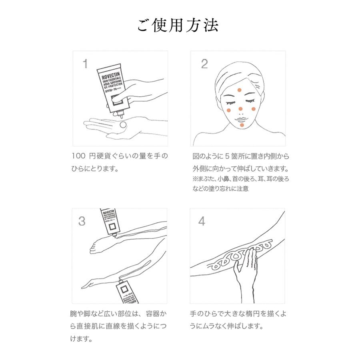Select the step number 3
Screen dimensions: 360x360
[x=82, y=221]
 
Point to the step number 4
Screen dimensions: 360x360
[x=202, y=221]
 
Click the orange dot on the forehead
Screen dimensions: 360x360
[x=240, y=90]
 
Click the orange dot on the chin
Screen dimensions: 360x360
[x=242, y=125]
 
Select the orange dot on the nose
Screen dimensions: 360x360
[x=240, y=108]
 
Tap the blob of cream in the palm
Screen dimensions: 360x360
[x=123, y=124]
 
